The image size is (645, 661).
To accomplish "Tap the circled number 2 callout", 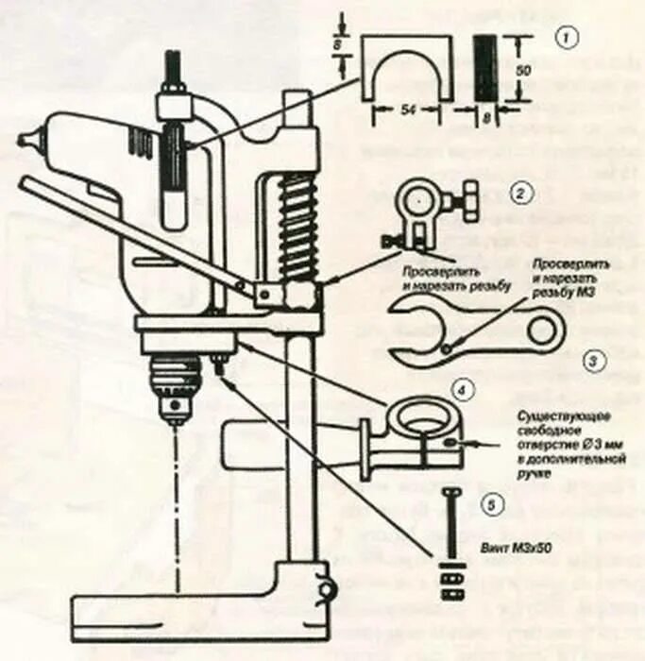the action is pyautogui.click(x=518, y=194).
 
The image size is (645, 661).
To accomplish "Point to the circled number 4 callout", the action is pyautogui.click(x=460, y=388).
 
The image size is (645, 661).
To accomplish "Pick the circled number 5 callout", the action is pyautogui.click(x=487, y=504).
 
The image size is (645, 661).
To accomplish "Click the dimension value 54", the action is pyautogui.click(x=409, y=111).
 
